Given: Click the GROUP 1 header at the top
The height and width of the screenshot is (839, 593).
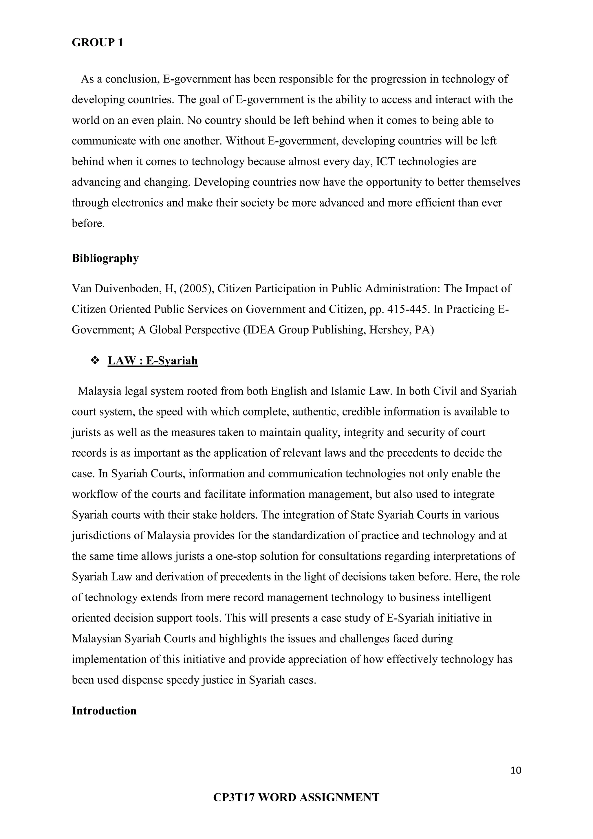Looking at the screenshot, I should point(98,43).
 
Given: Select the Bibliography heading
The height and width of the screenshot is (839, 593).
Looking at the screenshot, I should point(105,258).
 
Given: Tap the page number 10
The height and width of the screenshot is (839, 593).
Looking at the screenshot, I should point(516,770).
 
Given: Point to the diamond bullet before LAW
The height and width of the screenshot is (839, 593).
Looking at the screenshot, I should point(95,361).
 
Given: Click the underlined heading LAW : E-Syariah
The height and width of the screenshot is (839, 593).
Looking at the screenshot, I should point(153,361).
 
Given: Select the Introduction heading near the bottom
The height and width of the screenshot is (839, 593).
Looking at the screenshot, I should point(104,711).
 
